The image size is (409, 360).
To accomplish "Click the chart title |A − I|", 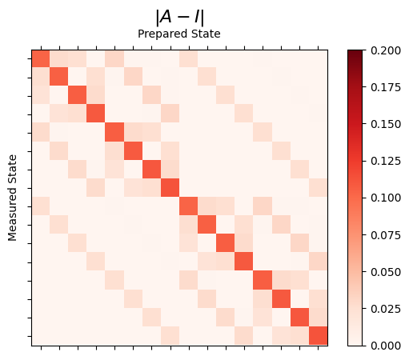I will pyautogui.click(x=179, y=16).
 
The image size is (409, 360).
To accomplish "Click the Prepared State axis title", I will pyautogui.click(x=179, y=34).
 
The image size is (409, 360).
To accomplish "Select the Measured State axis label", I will pyautogui.click(x=13, y=198).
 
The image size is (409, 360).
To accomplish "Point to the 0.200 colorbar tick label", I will pyautogui.click(x=387, y=50).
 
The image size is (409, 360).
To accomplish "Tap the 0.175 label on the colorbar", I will pyautogui.click(x=387, y=86).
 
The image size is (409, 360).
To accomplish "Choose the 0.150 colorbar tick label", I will pyautogui.click(x=387, y=123).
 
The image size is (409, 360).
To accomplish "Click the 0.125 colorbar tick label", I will pyautogui.click(x=387, y=160).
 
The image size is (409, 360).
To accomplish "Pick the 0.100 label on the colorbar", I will pyautogui.click(x=387, y=198).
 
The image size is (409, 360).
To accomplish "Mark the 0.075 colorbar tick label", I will pyautogui.click(x=387, y=234).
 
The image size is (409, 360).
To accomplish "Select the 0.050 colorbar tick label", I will pyautogui.click(x=387, y=271).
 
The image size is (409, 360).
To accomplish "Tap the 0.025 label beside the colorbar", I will pyautogui.click(x=387, y=308).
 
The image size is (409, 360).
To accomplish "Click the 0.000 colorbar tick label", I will pyautogui.click(x=387, y=345).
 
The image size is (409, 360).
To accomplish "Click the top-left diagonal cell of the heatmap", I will pyautogui.click(x=40, y=58).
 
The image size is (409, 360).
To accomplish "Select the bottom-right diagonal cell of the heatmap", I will pyautogui.click(x=319, y=336).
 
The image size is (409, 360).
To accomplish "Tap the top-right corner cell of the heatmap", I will pyautogui.click(x=319, y=58).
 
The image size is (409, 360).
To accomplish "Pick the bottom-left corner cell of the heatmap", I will pyautogui.click(x=40, y=336).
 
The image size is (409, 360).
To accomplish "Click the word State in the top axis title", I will pyautogui.click(x=206, y=34).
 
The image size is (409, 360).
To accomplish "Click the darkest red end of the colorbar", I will pyautogui.click(x=356, y=52).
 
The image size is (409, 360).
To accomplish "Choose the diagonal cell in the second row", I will pyautogui.click(x=58, y=77).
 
